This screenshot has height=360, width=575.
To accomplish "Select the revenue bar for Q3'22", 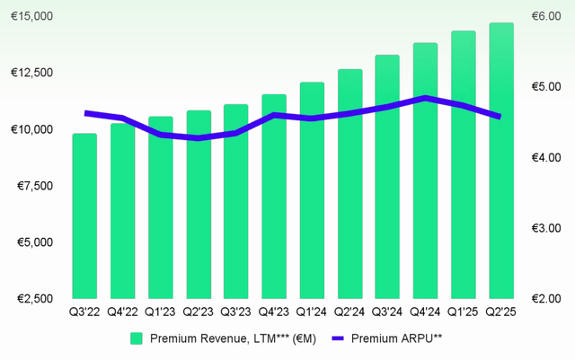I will pos(84,215).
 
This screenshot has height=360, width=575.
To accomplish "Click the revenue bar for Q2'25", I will pos(500,162).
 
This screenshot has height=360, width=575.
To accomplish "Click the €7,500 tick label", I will pos(31,186).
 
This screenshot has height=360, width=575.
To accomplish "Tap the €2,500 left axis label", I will pos(31,298).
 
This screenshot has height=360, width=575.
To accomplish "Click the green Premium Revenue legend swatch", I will pos(137,338).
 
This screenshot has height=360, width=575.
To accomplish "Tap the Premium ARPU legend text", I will pos(396,338).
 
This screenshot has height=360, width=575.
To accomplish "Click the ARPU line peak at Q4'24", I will pos(425,98).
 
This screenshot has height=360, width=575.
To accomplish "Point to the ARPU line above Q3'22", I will pos(85,113).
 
